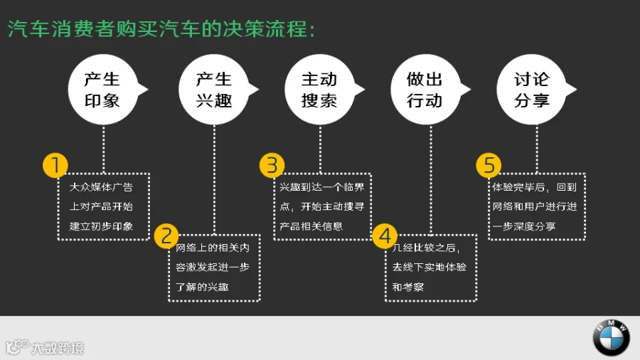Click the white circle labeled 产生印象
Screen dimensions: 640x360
tap(103, 90)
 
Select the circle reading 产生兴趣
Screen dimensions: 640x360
tap(214, 90)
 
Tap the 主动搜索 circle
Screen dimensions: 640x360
tap(319, 90)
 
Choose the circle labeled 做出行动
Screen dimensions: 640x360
tap(425, 90)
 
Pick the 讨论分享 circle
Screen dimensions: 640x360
tap(531, 90)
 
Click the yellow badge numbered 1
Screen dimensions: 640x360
tap(55, 165)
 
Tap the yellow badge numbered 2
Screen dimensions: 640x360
tap(166, 236)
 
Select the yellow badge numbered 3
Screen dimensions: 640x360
tap(272, 165)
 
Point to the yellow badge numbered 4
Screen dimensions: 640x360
tap(385, 236)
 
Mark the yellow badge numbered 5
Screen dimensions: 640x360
tap(489, 165)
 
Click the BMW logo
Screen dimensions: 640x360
tap(611, 337)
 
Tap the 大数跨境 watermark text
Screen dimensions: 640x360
tap(58, 348)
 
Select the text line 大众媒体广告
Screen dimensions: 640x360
tap(101, 187)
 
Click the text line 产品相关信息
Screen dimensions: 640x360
tap(311, 226)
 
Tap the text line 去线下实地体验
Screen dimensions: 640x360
tap(430, 268)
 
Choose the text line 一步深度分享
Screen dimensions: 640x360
tap(524, 226)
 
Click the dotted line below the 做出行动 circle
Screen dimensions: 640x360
tap(431, 179)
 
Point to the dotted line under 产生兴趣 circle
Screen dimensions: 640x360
tap(214, 179)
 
